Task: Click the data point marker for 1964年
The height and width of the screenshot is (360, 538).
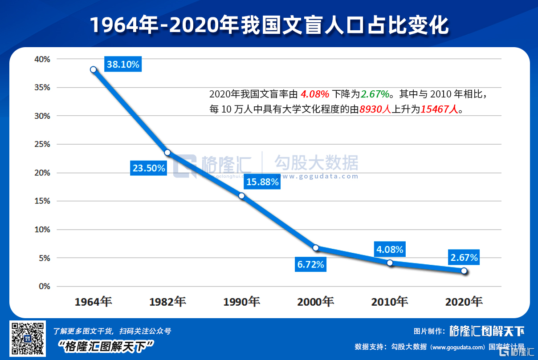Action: coord(93,69)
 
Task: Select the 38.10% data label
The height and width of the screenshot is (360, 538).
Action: coord(123,65)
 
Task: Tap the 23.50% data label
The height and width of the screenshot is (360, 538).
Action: coord(149,168)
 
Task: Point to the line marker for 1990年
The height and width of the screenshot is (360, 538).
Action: coord(241,196)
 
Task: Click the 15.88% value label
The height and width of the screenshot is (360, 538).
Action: coord(262,182)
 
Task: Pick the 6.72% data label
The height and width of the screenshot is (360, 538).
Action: coord(311,265)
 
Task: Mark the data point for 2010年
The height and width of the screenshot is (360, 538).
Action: coord(390,263)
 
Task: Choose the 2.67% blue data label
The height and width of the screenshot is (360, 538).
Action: coord(464,258)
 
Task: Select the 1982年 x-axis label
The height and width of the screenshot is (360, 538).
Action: coord(167,302)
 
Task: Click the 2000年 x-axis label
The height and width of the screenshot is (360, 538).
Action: coord(316,302)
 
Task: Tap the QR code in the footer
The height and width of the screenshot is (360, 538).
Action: coord(27,338)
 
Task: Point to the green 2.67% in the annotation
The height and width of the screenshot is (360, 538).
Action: coord(375,94)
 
